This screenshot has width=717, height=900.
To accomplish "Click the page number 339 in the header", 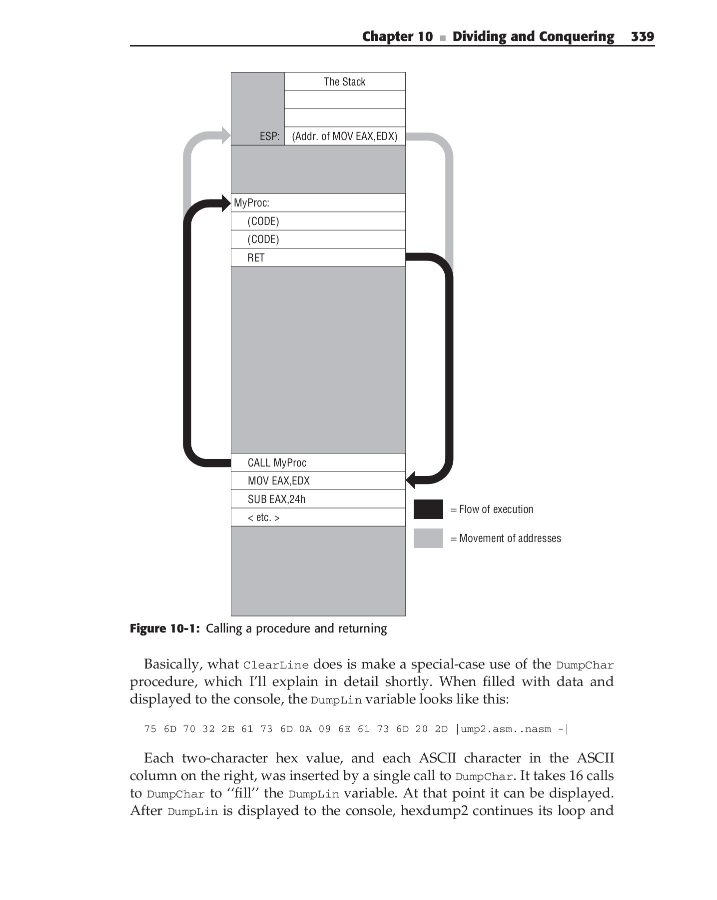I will click(642, 36).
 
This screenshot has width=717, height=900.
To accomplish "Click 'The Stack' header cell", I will click(344, 81).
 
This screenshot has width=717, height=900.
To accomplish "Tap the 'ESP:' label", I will click(269, 136).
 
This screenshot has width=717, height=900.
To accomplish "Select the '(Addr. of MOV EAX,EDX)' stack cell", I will click(344, 136).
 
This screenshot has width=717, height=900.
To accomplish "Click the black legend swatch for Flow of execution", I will click(428, 509).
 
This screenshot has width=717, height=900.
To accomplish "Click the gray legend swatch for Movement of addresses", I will click(428, 538).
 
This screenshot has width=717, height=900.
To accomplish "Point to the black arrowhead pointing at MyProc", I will click(225, 203).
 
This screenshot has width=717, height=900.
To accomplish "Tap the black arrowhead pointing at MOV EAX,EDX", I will click(411, 480).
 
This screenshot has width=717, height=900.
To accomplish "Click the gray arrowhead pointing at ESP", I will click(225, 135).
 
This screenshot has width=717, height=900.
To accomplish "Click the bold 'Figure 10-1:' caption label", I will click(165, 628).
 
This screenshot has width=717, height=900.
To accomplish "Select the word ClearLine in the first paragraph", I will click(276, 665).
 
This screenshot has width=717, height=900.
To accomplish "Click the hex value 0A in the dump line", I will click(305, 729).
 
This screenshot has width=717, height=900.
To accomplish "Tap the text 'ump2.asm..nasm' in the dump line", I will click(506, 729).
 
